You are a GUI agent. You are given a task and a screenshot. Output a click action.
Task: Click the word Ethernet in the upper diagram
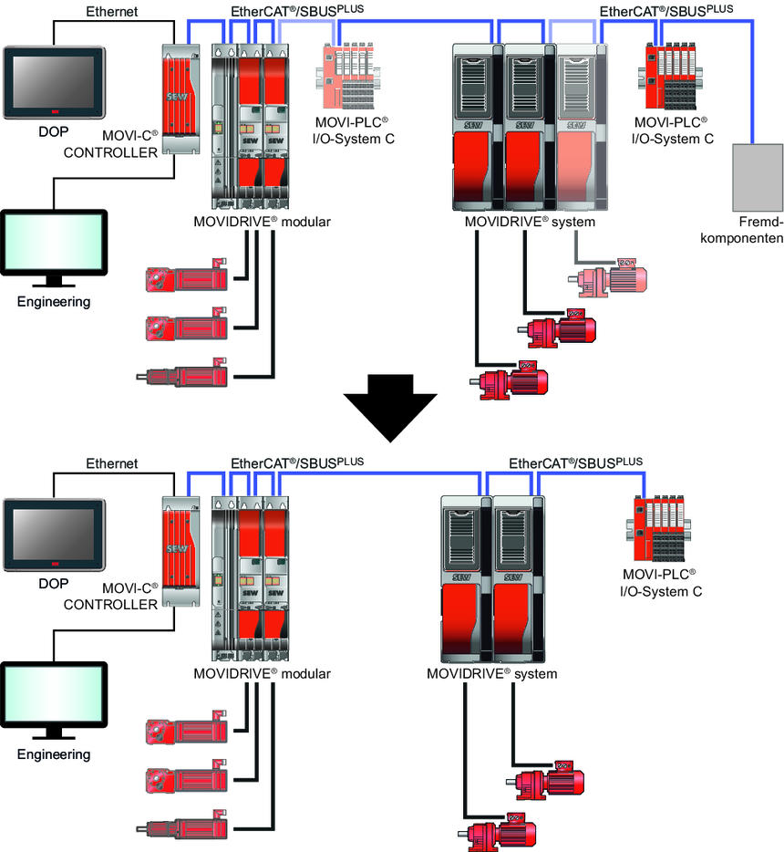[111, 12]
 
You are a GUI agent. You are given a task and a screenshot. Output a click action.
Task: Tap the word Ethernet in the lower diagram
[111, 463]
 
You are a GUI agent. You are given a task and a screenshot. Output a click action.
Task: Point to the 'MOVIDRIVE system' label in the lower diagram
[491, 674]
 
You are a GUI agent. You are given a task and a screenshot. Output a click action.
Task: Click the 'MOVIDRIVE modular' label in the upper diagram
[262, 222]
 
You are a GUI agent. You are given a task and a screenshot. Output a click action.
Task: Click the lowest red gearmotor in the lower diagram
[498, 831]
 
